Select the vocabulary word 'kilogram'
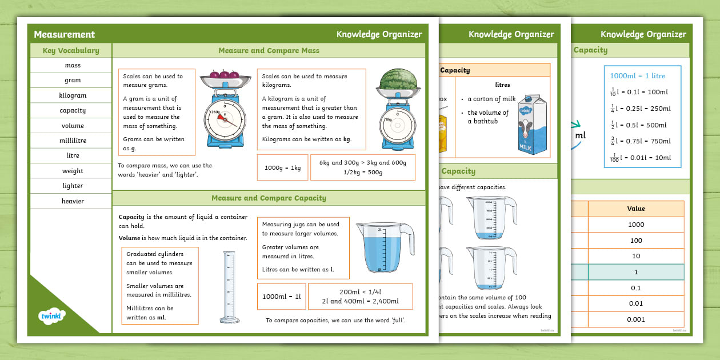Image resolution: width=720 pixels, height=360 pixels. point(73,95)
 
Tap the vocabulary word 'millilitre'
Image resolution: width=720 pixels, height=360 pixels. point(73,141)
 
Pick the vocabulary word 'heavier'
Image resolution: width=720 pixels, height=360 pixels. point(73,201)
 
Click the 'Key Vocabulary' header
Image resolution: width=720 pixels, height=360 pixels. point(71,51)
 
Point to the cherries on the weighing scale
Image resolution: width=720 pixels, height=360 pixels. point(221,74)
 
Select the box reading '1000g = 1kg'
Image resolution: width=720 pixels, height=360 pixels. point(282,167)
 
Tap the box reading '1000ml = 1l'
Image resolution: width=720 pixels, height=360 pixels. point(281,297)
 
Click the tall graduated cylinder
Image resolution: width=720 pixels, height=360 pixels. point(229,286)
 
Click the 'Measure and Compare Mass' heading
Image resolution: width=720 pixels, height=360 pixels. point(269,51)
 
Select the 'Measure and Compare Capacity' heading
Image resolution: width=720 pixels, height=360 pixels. point(269,198)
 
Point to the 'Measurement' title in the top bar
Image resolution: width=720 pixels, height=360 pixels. point(64,34)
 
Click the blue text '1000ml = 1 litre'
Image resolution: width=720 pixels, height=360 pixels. point(637,75)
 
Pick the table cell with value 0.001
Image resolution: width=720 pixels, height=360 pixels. point(635,319)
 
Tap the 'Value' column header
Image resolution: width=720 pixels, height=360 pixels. point(635,209)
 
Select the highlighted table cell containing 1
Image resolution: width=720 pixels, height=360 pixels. point(635,272)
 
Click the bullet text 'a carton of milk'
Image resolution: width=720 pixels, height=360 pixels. point(491,99)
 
